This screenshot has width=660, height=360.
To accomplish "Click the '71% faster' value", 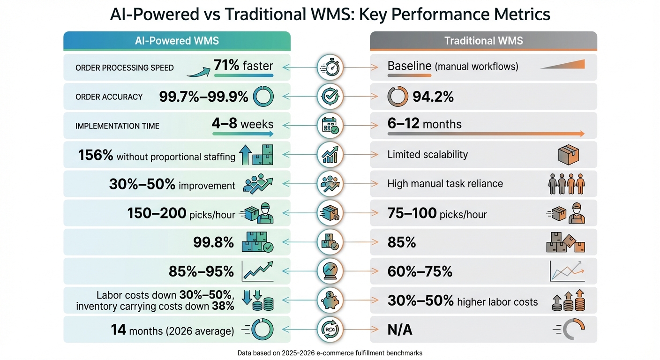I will tap(243, 65).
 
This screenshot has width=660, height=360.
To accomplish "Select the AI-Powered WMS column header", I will tap(177, 41).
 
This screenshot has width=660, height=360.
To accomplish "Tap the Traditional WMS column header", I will tap(483, 41).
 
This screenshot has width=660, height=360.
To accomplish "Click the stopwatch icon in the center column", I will tap(330, 67).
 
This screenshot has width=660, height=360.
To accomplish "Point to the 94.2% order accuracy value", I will tap(433, 97).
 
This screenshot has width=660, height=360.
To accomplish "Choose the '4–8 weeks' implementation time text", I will tap(242, 124).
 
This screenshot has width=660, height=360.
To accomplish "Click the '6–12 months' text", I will tap(424, 124).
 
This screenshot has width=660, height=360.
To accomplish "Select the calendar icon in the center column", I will tap(330, 125).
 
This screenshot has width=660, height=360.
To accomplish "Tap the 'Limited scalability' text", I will tap(427, 155).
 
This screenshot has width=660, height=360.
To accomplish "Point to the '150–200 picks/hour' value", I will tap(181, 214).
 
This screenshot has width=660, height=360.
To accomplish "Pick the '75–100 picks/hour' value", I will tap(437, 214).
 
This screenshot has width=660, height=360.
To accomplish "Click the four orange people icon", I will tap(566, 184).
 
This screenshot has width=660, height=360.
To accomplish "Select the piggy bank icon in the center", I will tap(330, 300).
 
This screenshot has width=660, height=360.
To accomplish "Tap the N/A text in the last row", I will tap(400, 330).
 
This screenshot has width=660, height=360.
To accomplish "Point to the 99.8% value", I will tap(213, 243).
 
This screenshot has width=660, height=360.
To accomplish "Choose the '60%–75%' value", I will tap(420, 272).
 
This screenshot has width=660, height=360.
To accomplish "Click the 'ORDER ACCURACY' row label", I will tap(109, 97).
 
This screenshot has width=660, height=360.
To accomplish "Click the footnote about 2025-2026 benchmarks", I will tap(330, 352).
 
